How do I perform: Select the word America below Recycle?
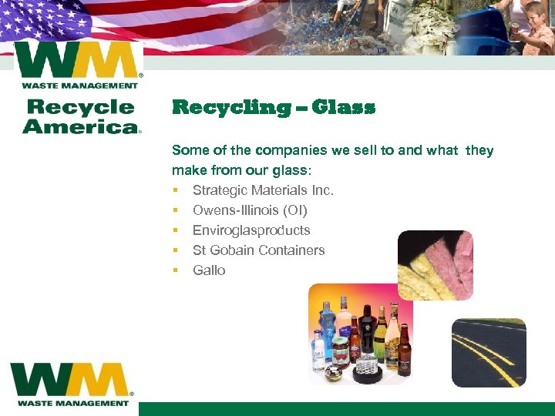[x=80, y=126]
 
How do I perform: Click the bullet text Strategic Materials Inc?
[x=263, y=190]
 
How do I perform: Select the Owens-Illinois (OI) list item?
[x=250, y=210]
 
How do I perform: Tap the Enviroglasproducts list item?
[x=251, y=230]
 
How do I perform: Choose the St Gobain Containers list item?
[x=258, y=250]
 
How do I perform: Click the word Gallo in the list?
[x=209, y=270]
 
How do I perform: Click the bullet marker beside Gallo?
[x=176, y=270]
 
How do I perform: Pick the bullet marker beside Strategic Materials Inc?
[x=176, y=190]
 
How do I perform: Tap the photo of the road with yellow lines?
[x=488, y=352]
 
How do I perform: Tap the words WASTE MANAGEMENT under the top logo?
[x=79, y=85]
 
